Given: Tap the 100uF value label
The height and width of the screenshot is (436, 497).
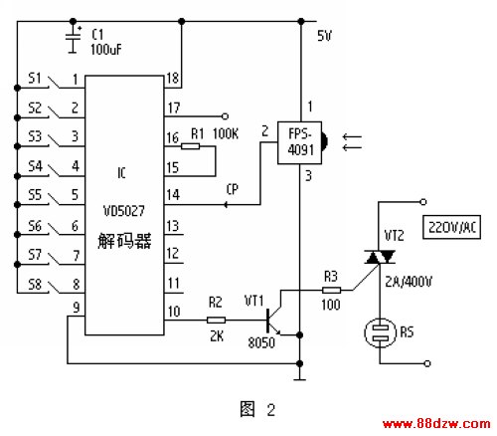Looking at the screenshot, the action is click(106, 50).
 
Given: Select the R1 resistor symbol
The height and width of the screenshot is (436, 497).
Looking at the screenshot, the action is click(190, 146).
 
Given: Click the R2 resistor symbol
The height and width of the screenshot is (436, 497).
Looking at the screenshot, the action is click(216, 320).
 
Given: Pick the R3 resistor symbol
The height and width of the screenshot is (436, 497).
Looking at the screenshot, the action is click(331, 291).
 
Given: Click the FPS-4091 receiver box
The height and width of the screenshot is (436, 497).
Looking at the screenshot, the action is click(299, 142).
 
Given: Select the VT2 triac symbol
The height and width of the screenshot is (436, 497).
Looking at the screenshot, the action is click(380, 257).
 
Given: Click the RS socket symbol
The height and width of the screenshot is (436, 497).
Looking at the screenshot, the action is click(381, 332).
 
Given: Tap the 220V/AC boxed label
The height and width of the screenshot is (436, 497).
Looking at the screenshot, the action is click(451, 227).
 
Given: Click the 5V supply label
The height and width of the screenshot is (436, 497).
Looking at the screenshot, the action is click(324, 36).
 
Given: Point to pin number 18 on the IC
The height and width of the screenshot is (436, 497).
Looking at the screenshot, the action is click(173, 78).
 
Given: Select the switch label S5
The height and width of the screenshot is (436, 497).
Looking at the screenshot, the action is click(35, 194).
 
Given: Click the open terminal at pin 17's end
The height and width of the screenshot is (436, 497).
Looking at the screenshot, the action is click(225, 116).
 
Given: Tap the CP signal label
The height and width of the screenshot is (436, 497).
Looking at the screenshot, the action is click(233, 189).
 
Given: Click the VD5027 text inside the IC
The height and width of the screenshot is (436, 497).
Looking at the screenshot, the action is click(124, 211).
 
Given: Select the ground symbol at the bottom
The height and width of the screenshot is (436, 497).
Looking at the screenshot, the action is click(299, 377).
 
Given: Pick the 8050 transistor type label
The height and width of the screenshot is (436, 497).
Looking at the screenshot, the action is click(261, 342).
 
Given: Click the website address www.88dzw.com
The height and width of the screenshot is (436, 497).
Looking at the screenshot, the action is click(436, 424).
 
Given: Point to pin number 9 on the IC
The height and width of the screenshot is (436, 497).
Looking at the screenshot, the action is click(77, 308).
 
